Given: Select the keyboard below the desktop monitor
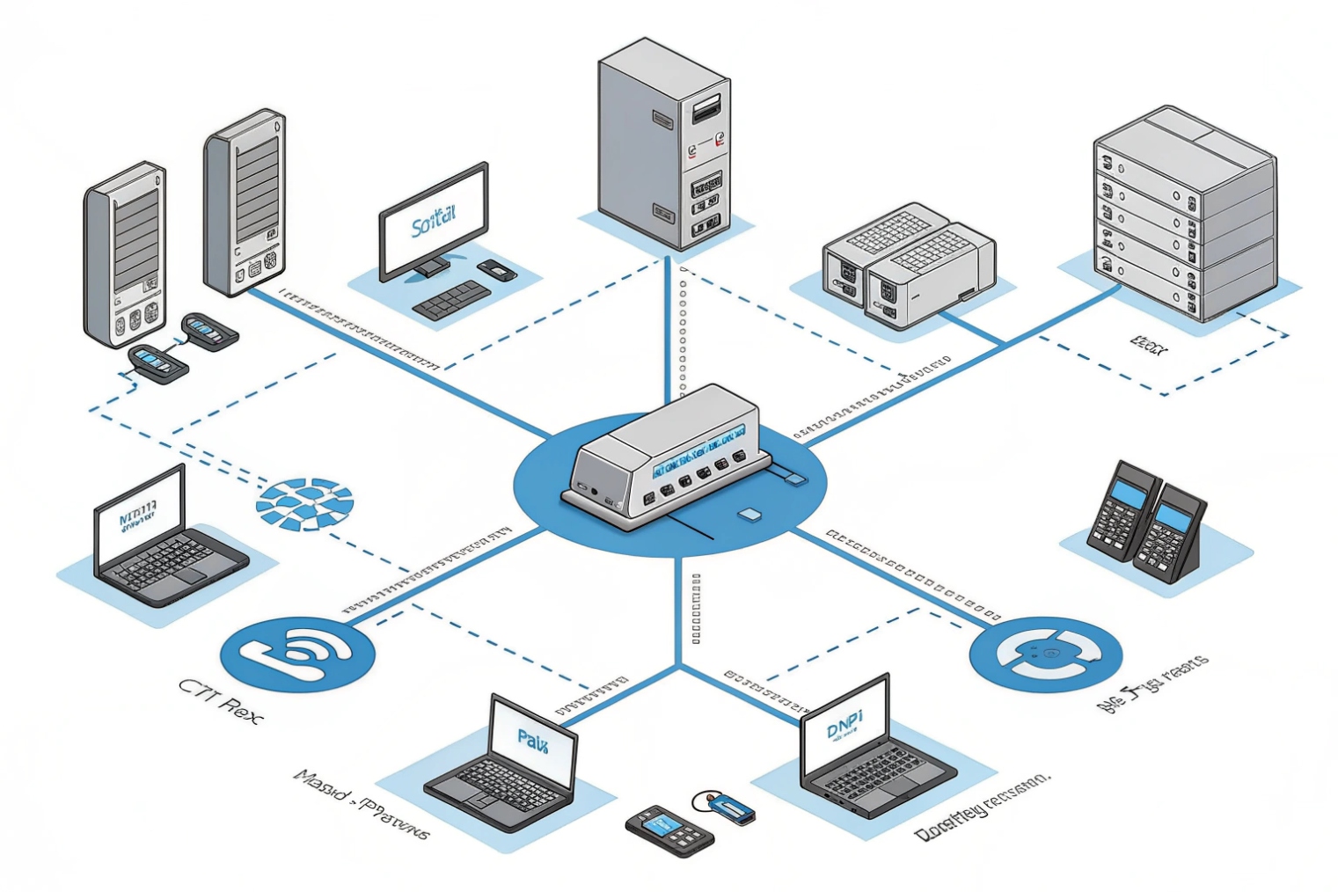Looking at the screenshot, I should [x=452, y=299].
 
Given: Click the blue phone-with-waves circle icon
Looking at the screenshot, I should [x=297, y=654].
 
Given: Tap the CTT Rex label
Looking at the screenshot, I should [x=220, y=700].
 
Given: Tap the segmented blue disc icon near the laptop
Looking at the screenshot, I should [x=304, y=504].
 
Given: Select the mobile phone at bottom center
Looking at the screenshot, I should [x=669, y=830].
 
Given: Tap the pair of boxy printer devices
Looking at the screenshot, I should [x=906, y=264].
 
